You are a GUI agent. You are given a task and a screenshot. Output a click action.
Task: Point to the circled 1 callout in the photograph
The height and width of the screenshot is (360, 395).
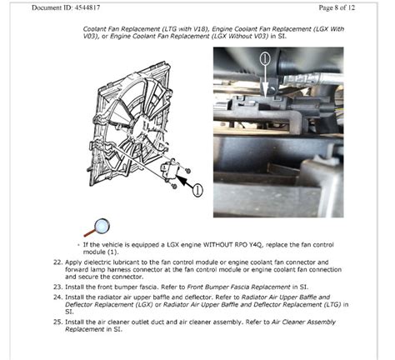point(266,59)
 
